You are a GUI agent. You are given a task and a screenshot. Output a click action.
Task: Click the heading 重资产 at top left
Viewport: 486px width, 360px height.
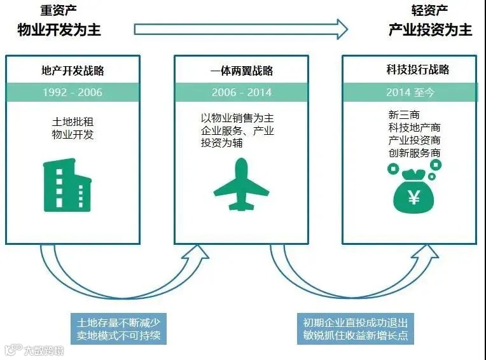click(59, 10)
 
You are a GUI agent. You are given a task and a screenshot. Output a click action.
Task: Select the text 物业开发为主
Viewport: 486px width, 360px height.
click(59, 29)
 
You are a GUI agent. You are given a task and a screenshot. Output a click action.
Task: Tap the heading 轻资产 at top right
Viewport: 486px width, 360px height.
click(430, 10)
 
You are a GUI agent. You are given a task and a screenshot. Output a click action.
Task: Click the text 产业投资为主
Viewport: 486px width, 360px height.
click(431, 29)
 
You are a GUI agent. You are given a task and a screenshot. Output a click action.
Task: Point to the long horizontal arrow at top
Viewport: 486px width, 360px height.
click(241, 29)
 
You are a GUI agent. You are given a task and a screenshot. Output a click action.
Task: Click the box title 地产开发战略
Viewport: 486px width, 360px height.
click(73, 69)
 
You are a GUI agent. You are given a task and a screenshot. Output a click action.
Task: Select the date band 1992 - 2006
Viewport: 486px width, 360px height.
click(73, 92)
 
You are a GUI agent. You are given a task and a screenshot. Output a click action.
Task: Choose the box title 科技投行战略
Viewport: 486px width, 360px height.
click(410, 69)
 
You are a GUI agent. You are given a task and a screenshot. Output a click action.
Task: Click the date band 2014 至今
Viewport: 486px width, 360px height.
click(410, 92)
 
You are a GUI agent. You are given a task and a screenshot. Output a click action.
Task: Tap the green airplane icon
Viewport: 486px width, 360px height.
click(241, 184)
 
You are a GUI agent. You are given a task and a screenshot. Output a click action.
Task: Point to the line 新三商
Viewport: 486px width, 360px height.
click(403, 115)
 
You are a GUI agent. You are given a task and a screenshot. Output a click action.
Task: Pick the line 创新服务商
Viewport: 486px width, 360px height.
click(414, 153)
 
